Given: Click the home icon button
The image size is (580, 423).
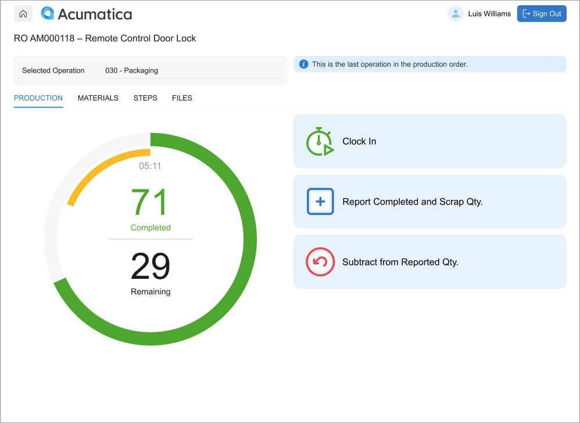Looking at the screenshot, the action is (23, 14).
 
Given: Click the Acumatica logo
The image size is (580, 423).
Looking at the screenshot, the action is (86, 14).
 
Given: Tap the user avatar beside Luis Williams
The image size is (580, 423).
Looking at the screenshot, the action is (456, 14).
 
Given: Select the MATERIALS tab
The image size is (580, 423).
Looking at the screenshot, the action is (98, 98).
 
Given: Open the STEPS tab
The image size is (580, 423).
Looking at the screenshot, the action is (145, 98).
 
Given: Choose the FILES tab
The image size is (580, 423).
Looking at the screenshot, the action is (182, 98).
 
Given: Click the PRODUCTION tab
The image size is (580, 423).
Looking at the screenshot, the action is (38, 98).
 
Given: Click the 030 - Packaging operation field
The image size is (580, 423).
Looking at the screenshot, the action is (190, 71).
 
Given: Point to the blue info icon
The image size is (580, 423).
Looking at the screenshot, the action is (303, 64).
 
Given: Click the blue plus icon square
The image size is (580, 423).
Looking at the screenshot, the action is (320, 202).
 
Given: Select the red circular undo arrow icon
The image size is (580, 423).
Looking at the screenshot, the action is (320, 262).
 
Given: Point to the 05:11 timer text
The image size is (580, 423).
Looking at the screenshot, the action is (150, 166).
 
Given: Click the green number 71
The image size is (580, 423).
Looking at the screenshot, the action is (150, 202).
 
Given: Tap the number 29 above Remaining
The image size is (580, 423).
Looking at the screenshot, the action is (150, 266).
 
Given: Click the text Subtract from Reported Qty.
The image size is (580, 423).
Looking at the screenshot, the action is (400, 262).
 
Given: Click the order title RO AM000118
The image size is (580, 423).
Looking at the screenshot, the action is (44, 38).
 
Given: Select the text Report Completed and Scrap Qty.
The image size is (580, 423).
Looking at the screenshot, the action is (413, 202).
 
